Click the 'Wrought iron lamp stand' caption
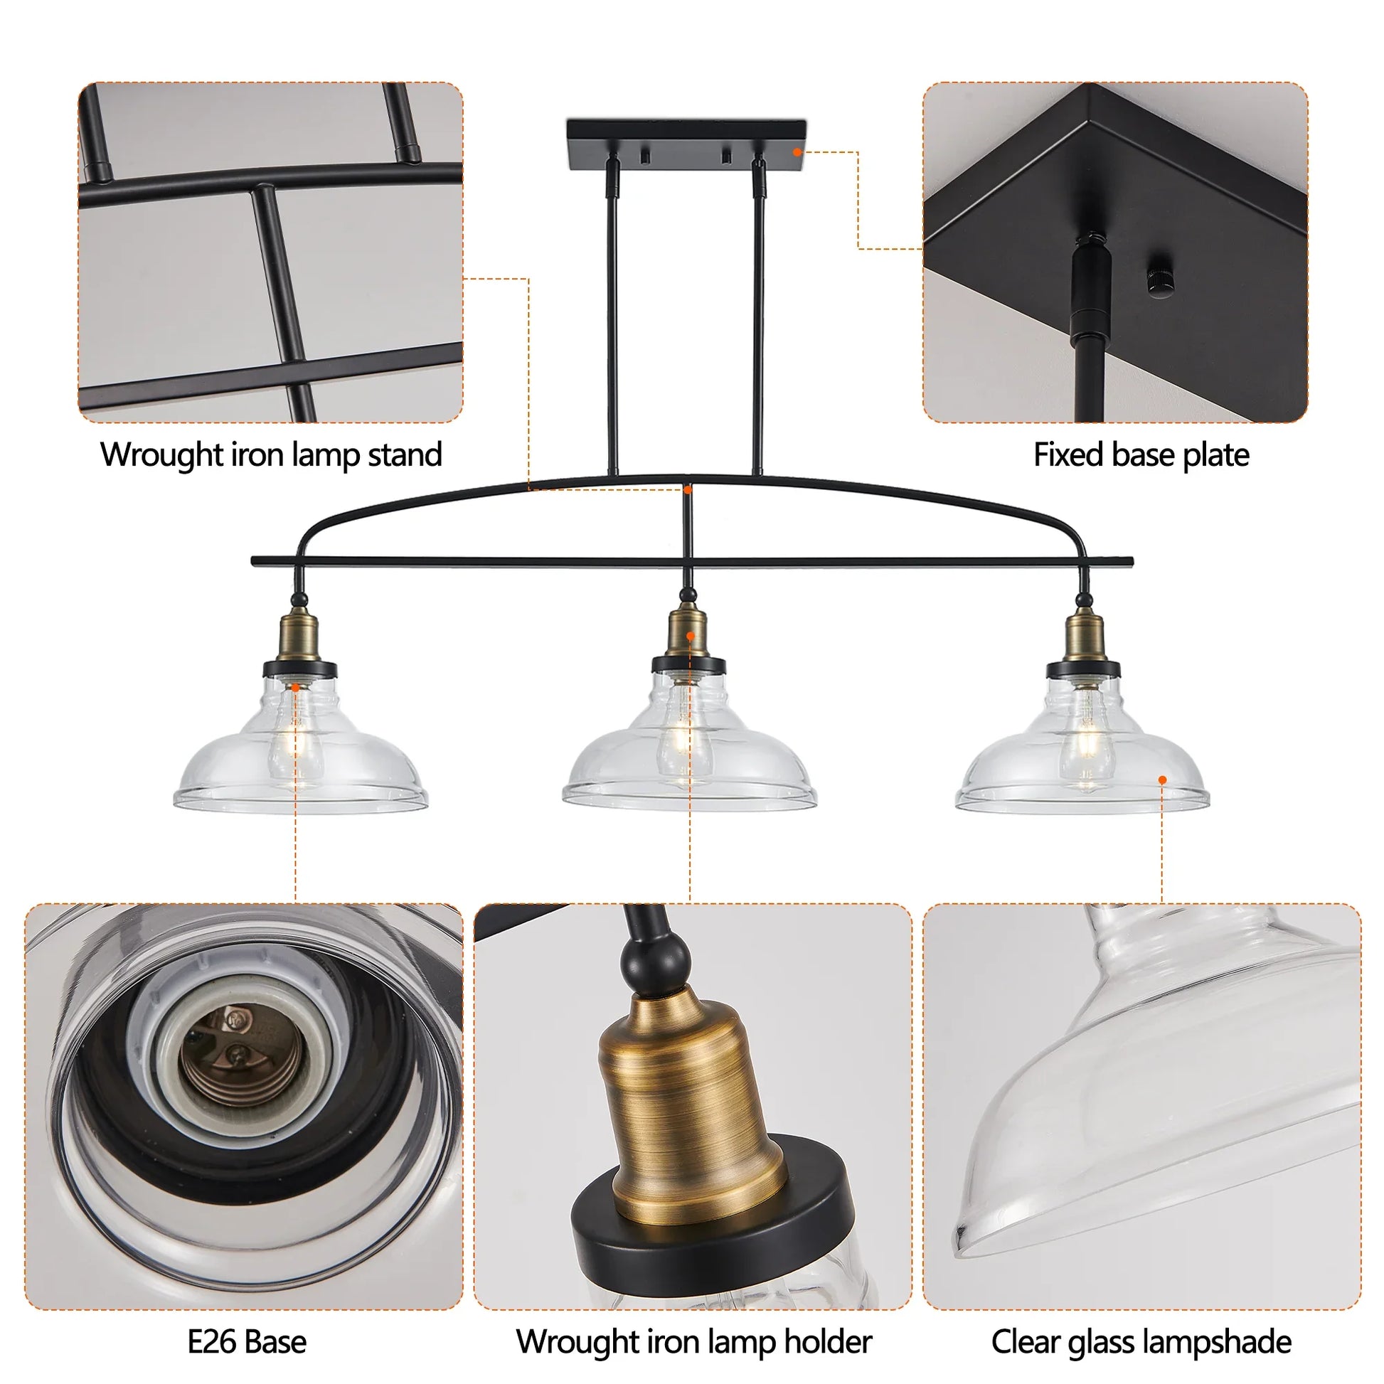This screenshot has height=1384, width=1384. pyautogui.click(x=271, y=456)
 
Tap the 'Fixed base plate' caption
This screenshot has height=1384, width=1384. pyautogui.click(x=1141, y=456)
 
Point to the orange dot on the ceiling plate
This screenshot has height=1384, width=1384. pyautogui.click(x=797, y=152)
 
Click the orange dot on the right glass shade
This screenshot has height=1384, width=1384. pyautogui.click(x=1162, y=779)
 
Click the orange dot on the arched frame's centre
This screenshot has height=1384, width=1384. pyautogui.click(x=688, y=491)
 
